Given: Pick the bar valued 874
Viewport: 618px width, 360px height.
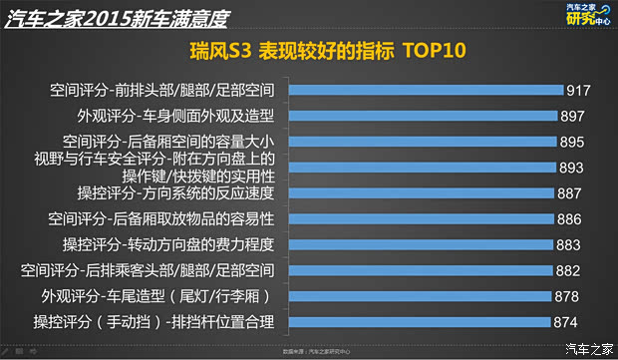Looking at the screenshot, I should click(x=420, y=321).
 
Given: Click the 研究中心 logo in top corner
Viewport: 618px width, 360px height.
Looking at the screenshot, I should click(x=580, y=17).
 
